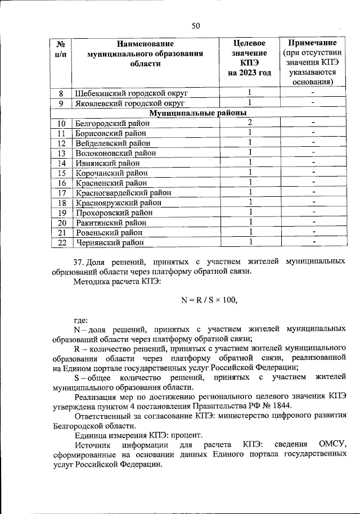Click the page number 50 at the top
195,25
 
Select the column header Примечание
312,43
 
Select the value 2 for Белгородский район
249,123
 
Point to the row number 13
62,153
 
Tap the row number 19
62,213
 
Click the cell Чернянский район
109,243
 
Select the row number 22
62,243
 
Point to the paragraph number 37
79,262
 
